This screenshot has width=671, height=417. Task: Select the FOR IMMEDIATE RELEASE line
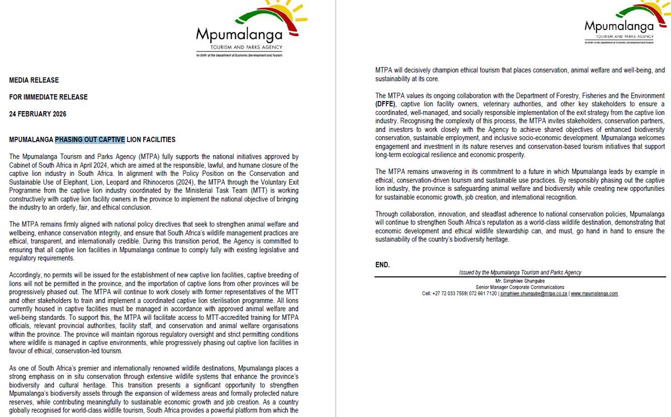pyautogui.click(x=48, y=97)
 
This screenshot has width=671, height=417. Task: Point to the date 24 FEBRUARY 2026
pyautogui.click(x=37, y=114)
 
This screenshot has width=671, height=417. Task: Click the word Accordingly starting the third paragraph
pyautogui.click(x=29, y=276)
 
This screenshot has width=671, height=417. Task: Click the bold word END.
pyautogui.click(x=383, y=263)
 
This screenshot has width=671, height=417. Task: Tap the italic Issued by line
pyautogui.click(x=520, y=272)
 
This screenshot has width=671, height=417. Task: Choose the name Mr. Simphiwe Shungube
pyautogui.click(x=520, y=280)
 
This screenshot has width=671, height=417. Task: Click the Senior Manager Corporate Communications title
pyautogui.click(x=520, y=287)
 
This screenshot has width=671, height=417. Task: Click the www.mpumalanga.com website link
pyautogui.click(x=594, y=294)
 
